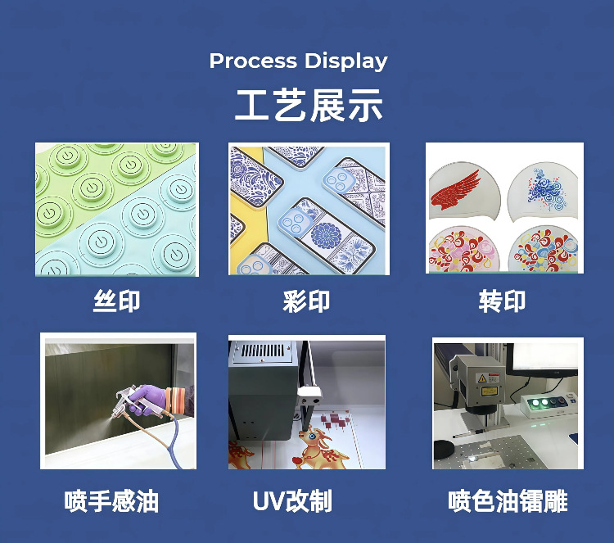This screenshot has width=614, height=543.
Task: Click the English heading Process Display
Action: pyautogui.click(x=299, y=61)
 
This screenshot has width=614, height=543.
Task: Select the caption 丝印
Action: pyautogui.click(x=116, y=301)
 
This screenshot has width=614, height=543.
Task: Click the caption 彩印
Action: pyautogui.click(x=306, y=301)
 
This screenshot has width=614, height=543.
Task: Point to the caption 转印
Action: pyautogui.click(x=502, y=301)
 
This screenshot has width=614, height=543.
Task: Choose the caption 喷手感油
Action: pyautogui.click(x=111, y=500)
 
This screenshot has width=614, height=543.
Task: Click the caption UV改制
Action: pyautogui.click(x=293, y=500)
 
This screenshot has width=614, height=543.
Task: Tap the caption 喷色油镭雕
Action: pyautogui.click(x=508, y=500)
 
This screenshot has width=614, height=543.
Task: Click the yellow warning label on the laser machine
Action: pyautogui.click(x=494, y=378)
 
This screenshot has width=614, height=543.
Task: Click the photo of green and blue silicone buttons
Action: pyautogui.click(x=116, y=210)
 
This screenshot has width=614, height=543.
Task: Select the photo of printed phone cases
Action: pyautogui.click(x=309, y=210)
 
